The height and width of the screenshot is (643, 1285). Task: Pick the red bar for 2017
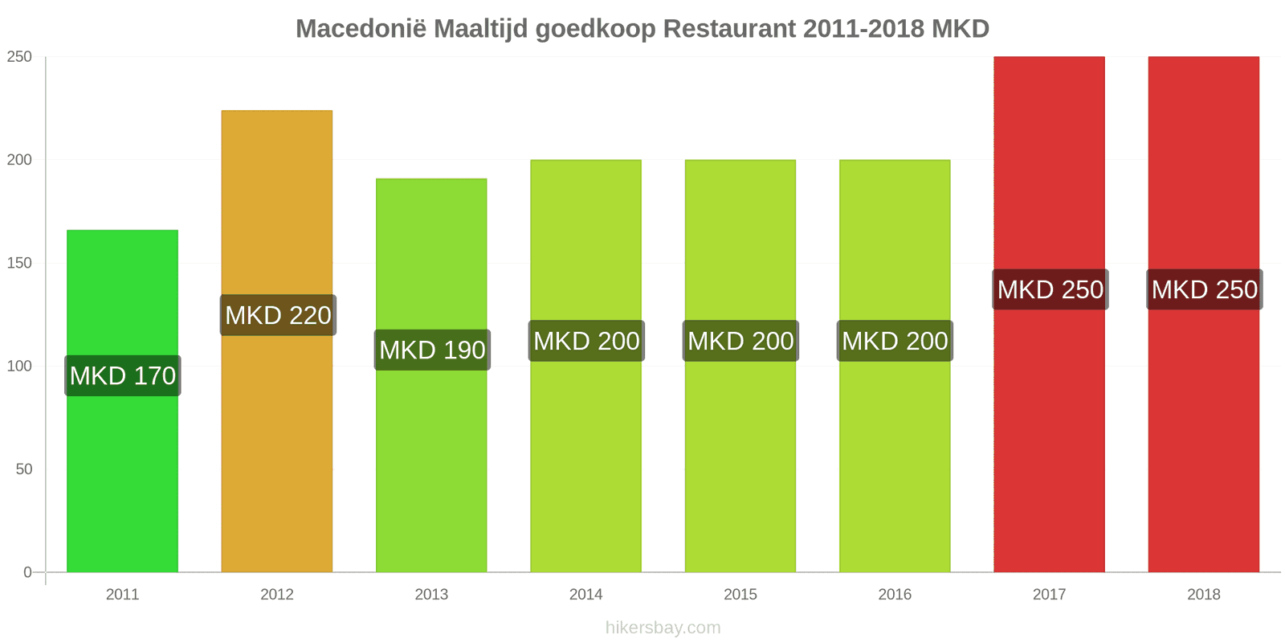pyautogui.click(x=1049, y=434)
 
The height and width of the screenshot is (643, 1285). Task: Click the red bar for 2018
pyautogui.click(x=1203, y=434)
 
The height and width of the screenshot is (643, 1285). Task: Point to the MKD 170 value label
pyautogui.click(x=123, y=375)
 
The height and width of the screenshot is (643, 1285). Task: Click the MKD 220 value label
pyautogui.click(x=278, y=315)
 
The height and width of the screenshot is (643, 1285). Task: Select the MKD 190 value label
pyautogui.click(x=432, y=350)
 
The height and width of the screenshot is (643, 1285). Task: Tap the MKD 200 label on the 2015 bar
pyautogui.click(x=740, y=341)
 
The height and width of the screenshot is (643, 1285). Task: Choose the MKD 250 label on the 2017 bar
pyautogui.click(x=1050, y=289)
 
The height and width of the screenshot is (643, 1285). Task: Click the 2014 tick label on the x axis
pyautogui.click(x=585, y=595)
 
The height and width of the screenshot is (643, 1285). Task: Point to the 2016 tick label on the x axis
pyautogui.click(x=895, y=595)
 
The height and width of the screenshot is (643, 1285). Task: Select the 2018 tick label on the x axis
pyautogui.click(x=1203, y=595)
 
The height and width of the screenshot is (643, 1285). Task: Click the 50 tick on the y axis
pyautogui.click(x=23, y=469)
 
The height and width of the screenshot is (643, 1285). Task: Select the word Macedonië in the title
pyautogui.click(x=361, y=29)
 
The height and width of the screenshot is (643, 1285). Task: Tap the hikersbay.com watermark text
pyautogui.click(x=663, y=628)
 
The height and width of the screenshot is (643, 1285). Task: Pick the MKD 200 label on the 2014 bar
pyautogui.click(x=586, y=341)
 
